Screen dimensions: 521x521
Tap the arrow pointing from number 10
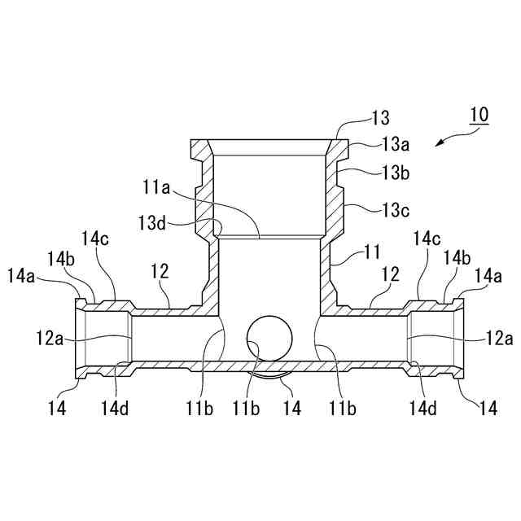(x=445, y=140)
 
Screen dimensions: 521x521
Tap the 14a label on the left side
(x=22, y=276)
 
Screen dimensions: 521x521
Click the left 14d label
(x=114, y=409)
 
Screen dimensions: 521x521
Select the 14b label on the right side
(x=456, y=257)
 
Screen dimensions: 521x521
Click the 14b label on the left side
(x=61, y=257)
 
